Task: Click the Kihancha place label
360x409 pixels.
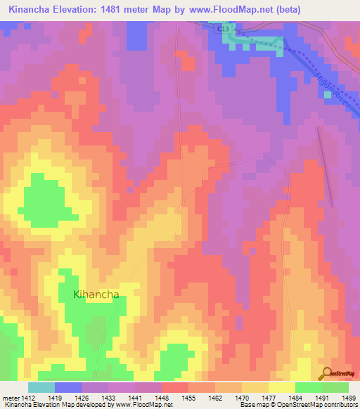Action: click(96, 294)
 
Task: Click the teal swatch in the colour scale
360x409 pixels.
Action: click(41, 387)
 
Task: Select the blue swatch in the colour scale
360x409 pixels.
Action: click(68, 387)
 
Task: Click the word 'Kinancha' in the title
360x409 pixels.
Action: click(32, 10)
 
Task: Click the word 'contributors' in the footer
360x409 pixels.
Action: click(341, 405)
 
